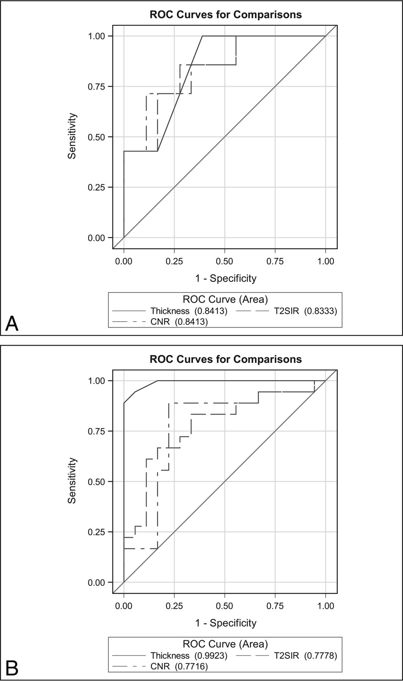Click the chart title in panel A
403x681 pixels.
(x=226, y=15)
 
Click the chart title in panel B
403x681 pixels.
(x=226, y=359)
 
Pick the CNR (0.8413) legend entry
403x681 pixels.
(x=179, y=322)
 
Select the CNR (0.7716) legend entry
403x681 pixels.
(x=179, y=666)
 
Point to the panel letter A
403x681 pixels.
(x=12, y=324)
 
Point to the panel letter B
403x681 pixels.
(x=12, y=668)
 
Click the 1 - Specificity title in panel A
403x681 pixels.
(x=226, y=278)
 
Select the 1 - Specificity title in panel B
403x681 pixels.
(x=226, y=623)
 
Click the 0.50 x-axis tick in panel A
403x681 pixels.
(x=224, y=261)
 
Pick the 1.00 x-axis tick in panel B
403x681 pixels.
(x=325, y=606)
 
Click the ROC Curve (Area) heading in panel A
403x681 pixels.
(x=225, y=300)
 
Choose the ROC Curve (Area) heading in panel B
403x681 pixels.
(x=225, y=644)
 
